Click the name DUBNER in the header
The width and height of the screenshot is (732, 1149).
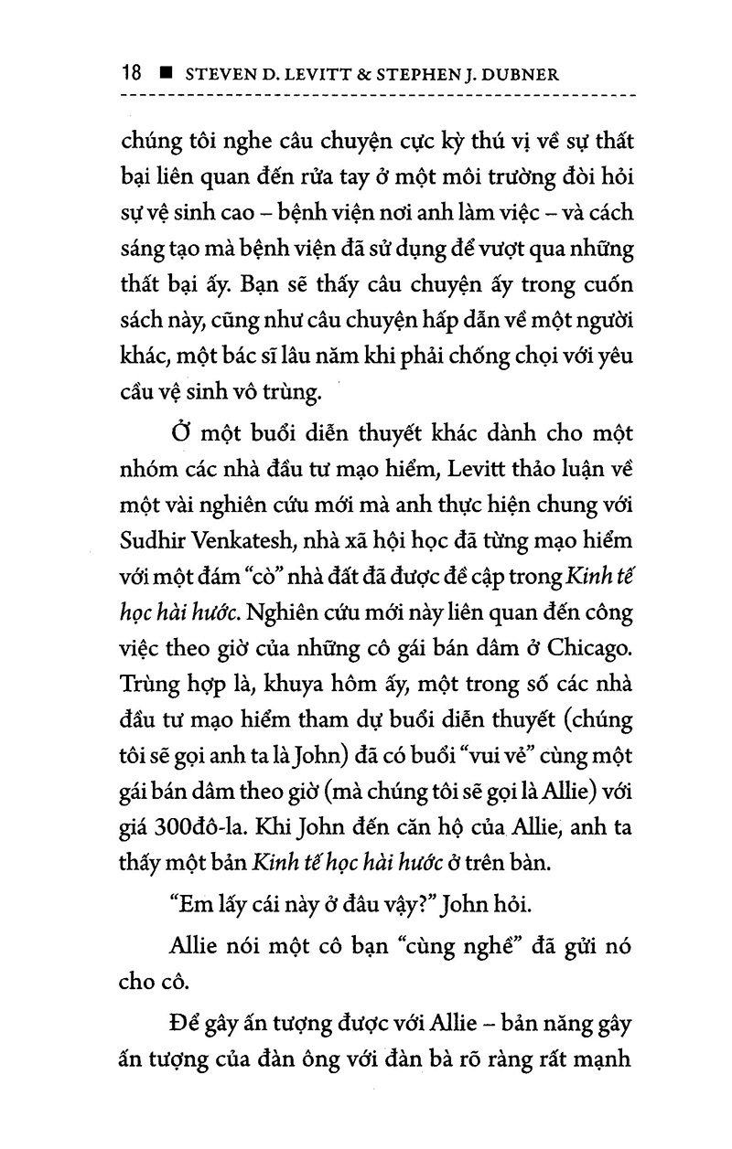[581, 74]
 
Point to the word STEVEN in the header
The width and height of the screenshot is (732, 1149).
[221, 74]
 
